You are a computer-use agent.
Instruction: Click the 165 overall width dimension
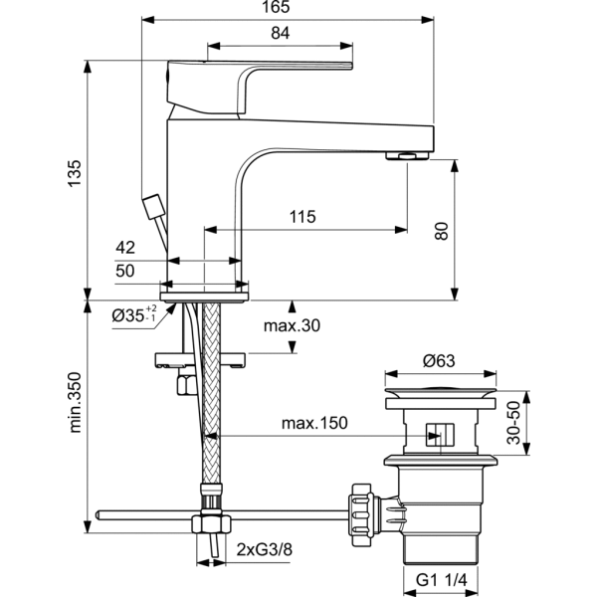coord(276,7)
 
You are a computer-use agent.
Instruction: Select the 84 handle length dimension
coord(281,33)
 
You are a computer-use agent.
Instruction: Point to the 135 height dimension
coord(75,173)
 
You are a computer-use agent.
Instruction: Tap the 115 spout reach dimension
coord(302,217)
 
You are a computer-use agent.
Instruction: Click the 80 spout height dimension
coord(442,231)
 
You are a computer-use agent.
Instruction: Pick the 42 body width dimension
coord(125,248)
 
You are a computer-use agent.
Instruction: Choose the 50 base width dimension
coord(125,271)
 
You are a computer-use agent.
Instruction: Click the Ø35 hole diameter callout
coord(134,314)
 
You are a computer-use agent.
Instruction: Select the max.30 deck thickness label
coord(292,325)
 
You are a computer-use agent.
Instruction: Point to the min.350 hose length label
coord(75,402)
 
